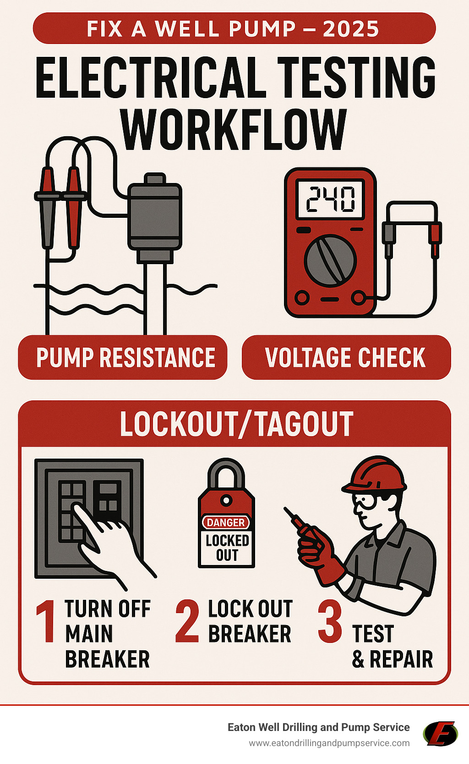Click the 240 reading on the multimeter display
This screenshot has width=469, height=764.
click(x=330, y=199)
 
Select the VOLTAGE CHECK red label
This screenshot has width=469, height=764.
click(x=345, y=358)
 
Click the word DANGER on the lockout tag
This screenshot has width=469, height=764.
click(x=226, y=522)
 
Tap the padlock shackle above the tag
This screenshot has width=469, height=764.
click(x=226, y=472)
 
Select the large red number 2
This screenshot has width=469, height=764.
click(x=187, y=621)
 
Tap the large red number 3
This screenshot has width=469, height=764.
click(x=330, y=621)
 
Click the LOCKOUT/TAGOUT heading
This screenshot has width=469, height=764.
click(x=236, y=424)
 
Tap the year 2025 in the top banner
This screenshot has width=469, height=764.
click(x=351, y=29)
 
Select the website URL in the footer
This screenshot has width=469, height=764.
click(x=329, y=743)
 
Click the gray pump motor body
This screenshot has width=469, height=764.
click(x=155, y=216)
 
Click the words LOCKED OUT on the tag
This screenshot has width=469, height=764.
click(x=227, y=548)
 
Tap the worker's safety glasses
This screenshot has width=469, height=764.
click(x=364, y=501)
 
